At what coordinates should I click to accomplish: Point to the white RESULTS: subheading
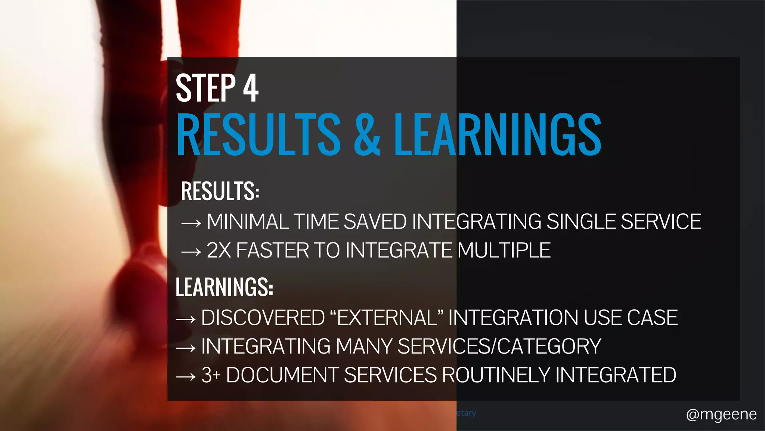(220, 191)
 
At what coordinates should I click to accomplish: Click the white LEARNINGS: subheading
(224, 287)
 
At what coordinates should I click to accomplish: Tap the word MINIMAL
(248, 221)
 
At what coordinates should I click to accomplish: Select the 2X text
(219, 250)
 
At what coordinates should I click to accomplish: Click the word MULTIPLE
(504, 250)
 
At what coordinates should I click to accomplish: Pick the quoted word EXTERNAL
(387, 318)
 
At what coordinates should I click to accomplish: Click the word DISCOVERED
(263, 318)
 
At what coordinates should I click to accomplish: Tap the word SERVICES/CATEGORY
(499, 346)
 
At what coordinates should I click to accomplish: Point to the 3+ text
(211, 375)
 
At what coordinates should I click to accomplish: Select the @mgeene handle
(721, 415)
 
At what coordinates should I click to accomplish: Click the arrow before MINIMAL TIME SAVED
(191, 223)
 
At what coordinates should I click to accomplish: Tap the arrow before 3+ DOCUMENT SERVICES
(186, 377)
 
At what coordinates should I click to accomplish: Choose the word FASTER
(273, 250)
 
